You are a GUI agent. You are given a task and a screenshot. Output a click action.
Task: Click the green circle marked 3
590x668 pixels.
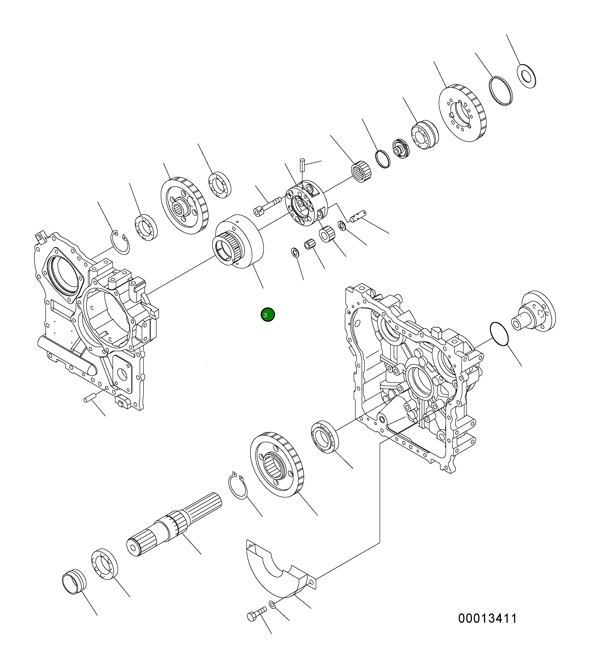[268, 315]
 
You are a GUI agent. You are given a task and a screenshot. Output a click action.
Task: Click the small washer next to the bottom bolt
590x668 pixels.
[272, 605]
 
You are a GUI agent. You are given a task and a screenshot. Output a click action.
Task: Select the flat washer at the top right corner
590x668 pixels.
[526, 76]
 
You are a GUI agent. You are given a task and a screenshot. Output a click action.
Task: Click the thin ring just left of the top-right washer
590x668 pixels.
[500, 91]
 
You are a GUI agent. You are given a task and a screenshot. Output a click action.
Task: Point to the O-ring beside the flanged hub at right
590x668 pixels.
[499, 334]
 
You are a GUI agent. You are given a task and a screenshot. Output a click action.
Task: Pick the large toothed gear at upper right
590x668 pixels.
[462, 113]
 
